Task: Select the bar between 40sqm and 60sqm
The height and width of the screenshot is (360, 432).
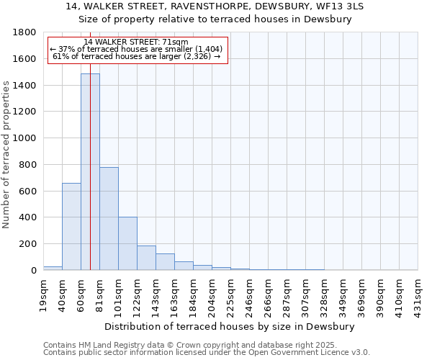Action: pos(71,226)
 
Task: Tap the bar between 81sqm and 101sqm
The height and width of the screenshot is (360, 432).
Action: pos(109,218)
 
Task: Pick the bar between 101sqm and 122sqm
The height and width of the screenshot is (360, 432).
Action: pos(127,243)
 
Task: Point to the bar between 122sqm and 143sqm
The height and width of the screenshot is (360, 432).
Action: pos(146,258)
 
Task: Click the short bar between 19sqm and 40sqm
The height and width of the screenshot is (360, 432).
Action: pos(53,268)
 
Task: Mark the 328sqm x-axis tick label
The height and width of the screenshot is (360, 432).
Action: pos(325,294)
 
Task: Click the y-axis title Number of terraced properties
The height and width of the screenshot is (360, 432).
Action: pos(7,155)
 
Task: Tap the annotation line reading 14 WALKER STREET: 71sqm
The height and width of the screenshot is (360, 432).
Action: pos(136,42)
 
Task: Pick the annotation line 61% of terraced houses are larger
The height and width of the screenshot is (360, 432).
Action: pos(136,56)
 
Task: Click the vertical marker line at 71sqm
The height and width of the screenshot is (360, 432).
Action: pos(90,180)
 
